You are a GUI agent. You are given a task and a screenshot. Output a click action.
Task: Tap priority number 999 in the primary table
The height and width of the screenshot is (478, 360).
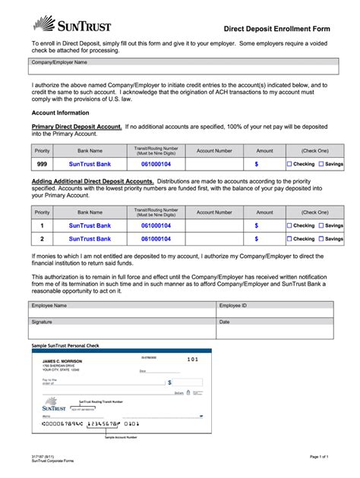pyautogui.click(x=43, y=163)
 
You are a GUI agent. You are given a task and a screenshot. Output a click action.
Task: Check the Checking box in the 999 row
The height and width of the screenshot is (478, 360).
pyautogui.click(x=289, y=163)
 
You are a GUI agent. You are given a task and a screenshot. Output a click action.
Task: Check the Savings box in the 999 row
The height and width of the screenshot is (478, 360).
pyautogui.click(x=321, y=163)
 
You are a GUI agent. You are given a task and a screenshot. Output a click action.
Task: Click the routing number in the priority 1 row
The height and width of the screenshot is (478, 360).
pyautogui.click(x=156, y=225)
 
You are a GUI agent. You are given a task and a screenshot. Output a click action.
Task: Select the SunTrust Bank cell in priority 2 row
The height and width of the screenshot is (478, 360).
pyautogui.click(x=90, y=238)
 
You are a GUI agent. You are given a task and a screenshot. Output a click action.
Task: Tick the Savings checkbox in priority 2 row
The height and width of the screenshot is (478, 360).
pyautogui.click(x=321, y=238)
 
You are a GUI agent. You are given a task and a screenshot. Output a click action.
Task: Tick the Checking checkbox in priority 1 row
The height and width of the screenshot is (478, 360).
pyautogui.click(x=289, y=225)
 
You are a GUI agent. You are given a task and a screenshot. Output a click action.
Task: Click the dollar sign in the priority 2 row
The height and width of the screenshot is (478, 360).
pyautogui.click(x=257, y=238)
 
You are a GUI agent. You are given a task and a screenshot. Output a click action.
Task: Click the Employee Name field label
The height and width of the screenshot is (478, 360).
pyautogui.click(x=49, y=305)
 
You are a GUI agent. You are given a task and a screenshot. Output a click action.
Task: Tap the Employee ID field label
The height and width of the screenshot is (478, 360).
pyautogui.click(x=232, y=305)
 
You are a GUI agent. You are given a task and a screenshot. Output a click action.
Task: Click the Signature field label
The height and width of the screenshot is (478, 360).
pyautogui.click(x=42, y=322)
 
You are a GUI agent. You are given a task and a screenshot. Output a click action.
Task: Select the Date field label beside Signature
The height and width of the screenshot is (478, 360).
pyautogui.click(x=224, y=322)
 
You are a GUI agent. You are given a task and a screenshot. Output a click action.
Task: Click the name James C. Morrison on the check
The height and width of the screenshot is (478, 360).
pyautogui.click(x=62, y=360)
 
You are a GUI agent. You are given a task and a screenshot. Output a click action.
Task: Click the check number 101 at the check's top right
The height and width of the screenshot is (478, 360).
pyautogui.click(x=192, y=358)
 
